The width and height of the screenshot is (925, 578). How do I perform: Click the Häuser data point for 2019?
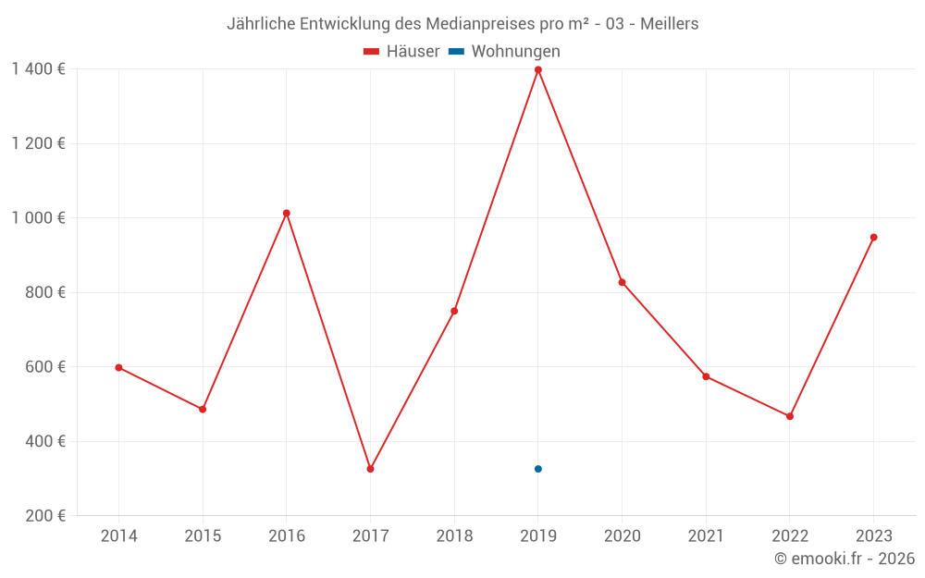click(537, 69)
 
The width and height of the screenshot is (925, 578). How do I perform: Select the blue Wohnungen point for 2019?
click(537, 469)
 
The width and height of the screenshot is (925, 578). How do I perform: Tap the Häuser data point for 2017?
click(370, 469)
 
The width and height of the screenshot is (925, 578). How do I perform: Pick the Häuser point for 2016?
click(287, 214)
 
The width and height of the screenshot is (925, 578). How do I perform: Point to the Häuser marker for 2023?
click(873, 238)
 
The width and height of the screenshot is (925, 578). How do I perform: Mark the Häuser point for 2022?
click(789, 416)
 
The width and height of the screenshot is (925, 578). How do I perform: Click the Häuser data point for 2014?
click(118, 367)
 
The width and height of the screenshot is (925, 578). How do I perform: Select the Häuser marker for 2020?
click(622, 282)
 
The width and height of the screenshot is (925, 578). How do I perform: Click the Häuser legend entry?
click(401, 52)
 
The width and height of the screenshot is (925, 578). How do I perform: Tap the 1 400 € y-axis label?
click(38, 69)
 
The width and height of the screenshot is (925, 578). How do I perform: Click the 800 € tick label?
click(47, 292)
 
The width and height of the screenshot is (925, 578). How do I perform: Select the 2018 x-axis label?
click(454, 536)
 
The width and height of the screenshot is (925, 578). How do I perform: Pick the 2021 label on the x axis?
click(706, 536)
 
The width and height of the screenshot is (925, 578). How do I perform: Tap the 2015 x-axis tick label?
click(203, 536)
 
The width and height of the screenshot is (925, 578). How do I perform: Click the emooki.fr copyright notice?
click(845, 559)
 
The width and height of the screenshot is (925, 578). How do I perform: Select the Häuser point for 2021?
click(706, 376)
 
